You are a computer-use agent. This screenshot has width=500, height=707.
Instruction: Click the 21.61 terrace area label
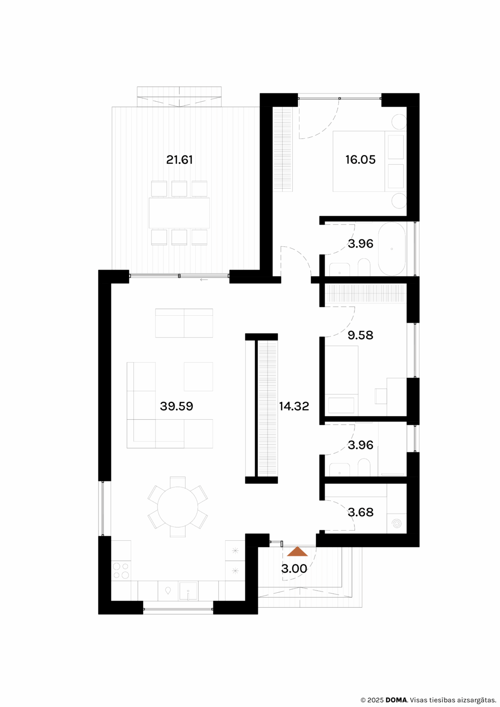coord(180,160)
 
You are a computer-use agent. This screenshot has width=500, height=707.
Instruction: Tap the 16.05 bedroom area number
coord(360,160)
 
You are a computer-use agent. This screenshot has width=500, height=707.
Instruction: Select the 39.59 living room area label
coord(176,406)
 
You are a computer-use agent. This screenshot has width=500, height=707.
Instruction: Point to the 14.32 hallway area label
coord(294,406)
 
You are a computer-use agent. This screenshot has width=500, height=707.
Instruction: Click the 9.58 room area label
coord(360,335)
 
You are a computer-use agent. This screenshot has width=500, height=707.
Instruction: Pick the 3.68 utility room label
coord(360,512)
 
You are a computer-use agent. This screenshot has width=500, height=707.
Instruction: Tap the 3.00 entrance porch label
coord(294,568)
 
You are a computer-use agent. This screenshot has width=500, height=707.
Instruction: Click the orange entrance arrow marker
coord(297,551)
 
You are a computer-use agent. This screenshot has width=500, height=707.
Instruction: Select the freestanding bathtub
coord(392,249)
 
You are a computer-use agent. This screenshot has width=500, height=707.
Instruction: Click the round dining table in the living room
coord(178,507)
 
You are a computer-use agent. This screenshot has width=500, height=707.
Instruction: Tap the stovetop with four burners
coord(121,571)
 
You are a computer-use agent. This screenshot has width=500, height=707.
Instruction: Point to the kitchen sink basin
coord(188,591)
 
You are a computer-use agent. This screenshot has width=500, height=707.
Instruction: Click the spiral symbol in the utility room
coord(397,523)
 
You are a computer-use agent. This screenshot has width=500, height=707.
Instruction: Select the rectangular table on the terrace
coord(179,213)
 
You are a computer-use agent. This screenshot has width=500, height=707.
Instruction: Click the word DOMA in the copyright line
coord(396,700)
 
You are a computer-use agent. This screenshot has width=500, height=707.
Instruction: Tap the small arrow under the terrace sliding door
coord(204,279)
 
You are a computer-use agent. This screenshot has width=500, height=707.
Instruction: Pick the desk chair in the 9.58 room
coord(381,396)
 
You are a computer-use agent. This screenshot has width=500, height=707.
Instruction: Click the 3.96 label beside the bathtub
coord(360,243)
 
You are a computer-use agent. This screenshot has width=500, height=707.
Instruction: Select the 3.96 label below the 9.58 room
coord(360,445)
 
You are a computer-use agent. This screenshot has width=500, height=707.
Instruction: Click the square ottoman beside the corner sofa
coord(198,377)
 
